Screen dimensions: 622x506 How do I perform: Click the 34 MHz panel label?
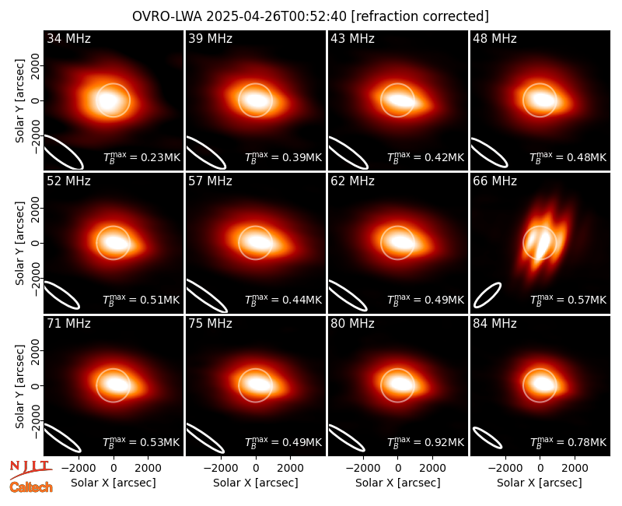tap(68, 38)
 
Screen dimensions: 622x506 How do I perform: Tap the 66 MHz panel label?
tap(494, 181)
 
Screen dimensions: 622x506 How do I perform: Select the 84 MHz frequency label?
tap(494, 324)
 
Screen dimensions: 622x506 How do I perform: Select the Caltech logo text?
tap(31, 487)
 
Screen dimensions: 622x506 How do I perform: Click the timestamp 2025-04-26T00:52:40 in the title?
tap(277, 16)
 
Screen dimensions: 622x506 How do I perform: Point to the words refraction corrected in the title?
tap(420, 16)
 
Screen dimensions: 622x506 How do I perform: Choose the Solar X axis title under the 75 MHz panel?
tap(256, 483)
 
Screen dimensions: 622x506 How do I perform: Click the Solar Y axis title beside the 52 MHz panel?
tap(20, 243)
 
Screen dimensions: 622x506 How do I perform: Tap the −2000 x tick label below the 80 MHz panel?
tap(363, 469)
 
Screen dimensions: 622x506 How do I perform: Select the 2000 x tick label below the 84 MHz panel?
tap(575, 469)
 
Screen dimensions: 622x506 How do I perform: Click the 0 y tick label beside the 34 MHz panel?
tap(36, 100)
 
